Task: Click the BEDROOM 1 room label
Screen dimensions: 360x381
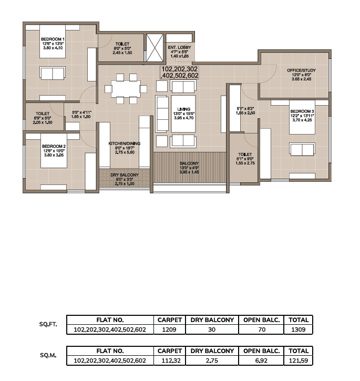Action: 53,39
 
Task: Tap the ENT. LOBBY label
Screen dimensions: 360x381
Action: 179,47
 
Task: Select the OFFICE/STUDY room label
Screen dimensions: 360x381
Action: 302,70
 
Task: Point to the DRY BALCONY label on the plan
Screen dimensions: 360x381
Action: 125,175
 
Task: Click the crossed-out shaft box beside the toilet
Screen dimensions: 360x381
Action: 155,48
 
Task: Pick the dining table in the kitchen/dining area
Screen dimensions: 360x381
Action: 126,89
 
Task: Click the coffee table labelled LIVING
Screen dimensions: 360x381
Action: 183,114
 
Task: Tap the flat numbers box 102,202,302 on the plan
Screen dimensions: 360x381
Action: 180,72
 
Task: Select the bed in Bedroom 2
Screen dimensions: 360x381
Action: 54,151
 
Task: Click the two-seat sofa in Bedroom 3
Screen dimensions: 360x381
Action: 302,149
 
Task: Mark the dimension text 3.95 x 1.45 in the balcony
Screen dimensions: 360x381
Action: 189,172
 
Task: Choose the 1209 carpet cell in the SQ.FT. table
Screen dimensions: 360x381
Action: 169,329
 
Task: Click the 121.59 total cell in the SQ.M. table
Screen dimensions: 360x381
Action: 299,361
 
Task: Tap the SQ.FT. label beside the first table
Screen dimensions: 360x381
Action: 48,324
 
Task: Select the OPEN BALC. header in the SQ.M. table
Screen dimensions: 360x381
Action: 261,351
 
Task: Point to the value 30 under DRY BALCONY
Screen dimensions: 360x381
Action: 212,329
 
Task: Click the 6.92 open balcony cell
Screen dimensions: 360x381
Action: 261,361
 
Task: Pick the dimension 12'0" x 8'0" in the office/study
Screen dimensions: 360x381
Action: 302,75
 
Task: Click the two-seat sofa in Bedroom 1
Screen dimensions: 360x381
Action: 53,73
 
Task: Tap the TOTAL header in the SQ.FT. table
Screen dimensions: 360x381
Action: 299,320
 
